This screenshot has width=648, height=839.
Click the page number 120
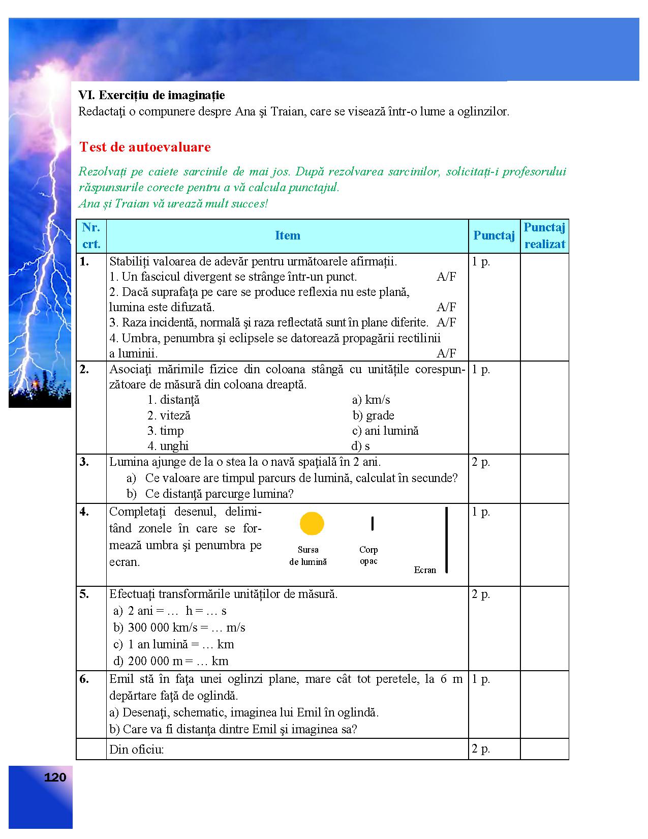coord(55,777)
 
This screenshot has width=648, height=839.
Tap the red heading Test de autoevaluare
coord(145,147)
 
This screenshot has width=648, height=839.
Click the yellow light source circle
coord(312,524)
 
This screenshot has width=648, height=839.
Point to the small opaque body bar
coord(373,523)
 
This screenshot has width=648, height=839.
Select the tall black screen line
coord(446,540)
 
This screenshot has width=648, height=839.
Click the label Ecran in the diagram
coord(425,570)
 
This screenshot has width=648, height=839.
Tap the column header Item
coord(287,235)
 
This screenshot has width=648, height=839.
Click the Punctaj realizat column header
coord(544,235)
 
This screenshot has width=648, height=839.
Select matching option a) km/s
coord(371,400)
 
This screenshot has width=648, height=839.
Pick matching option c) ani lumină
coord(385,431)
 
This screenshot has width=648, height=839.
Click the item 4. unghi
coord(168,446)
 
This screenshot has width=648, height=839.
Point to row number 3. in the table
coord(84,462)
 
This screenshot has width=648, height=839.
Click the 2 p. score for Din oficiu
coord(481,748)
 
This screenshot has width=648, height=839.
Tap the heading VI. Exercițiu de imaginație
coord(151,95)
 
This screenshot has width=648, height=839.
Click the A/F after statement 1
coord(446,277)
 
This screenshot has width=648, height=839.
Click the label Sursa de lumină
coord(308,556)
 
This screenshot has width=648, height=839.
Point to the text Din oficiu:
coord(137,749)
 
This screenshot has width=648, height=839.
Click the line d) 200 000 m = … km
coord(171,661)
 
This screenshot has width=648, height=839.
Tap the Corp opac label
coord(368,555)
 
